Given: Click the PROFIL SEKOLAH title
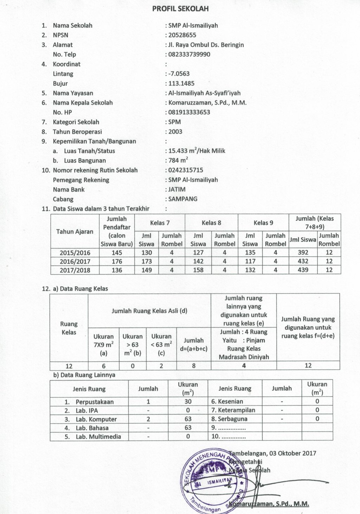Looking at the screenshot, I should click(180, 9).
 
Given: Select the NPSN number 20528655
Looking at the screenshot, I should click(182, 35).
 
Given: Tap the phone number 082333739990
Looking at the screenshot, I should click(189, 55).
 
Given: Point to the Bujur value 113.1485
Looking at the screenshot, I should click(181, 83).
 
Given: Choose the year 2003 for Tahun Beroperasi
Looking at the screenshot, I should click(175, 132).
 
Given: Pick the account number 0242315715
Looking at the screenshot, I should click(186, 170).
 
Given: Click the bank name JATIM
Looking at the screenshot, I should click(177, 189).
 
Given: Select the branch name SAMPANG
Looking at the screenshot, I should click(183, 199).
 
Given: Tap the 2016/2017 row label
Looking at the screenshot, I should click(75, 262).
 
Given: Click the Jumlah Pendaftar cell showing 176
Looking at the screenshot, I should click(117, 262).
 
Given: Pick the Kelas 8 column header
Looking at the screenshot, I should click(211, 223).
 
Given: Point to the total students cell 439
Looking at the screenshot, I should click(303, 270).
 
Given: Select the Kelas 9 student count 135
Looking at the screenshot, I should click(250, 253).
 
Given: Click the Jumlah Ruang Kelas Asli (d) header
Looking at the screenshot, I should click(149, 311).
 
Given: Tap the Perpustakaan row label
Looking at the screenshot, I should click(94, 402).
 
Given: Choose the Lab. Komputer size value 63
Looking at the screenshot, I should click(188, 419).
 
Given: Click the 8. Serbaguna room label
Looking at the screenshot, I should click(229, 419).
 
